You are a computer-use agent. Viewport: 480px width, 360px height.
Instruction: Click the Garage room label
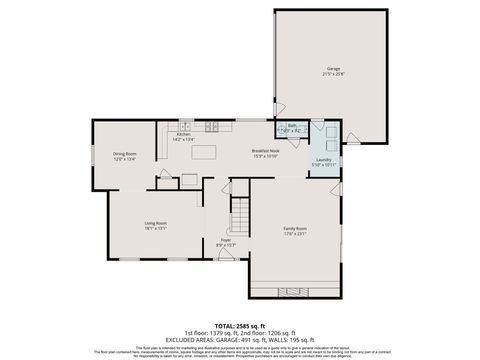tap(333, 69)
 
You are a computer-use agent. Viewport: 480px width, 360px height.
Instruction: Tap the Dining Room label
tap(124, 153)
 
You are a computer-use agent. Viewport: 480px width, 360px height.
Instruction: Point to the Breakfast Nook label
tap(265, 151)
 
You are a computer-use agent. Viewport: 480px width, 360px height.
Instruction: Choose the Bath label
tap(292, 126)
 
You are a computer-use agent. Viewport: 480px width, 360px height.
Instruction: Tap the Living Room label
tap(155, 223)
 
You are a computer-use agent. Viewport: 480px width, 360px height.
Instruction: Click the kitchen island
tap(205, 153)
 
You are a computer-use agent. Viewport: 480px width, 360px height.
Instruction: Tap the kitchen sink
tap(185, 126)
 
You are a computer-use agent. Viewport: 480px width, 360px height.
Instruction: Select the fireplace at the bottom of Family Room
tap(295, 292)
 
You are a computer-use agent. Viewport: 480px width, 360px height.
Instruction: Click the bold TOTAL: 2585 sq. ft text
tap(240, 326)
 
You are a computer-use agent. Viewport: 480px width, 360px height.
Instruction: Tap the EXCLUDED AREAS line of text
tap(240, 339)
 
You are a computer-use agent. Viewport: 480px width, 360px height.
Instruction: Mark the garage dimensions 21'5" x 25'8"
tap(333, 74)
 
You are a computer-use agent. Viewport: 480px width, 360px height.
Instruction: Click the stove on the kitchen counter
tap(211, 126)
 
